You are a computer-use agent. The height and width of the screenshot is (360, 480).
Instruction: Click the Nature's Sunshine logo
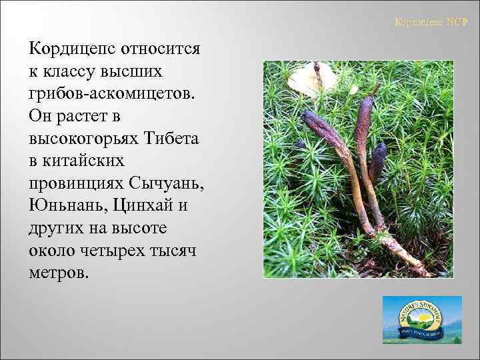pyautogui.click(x=421, y=320)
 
